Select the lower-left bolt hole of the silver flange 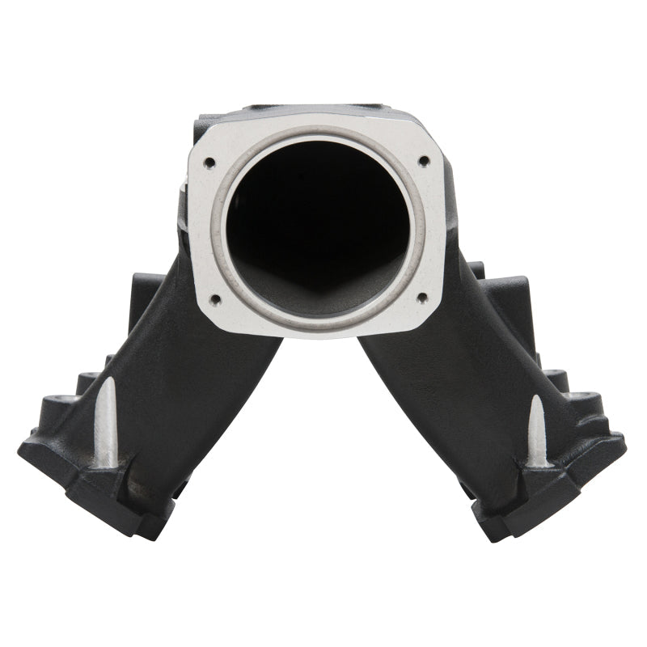215,299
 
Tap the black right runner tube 437,380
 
